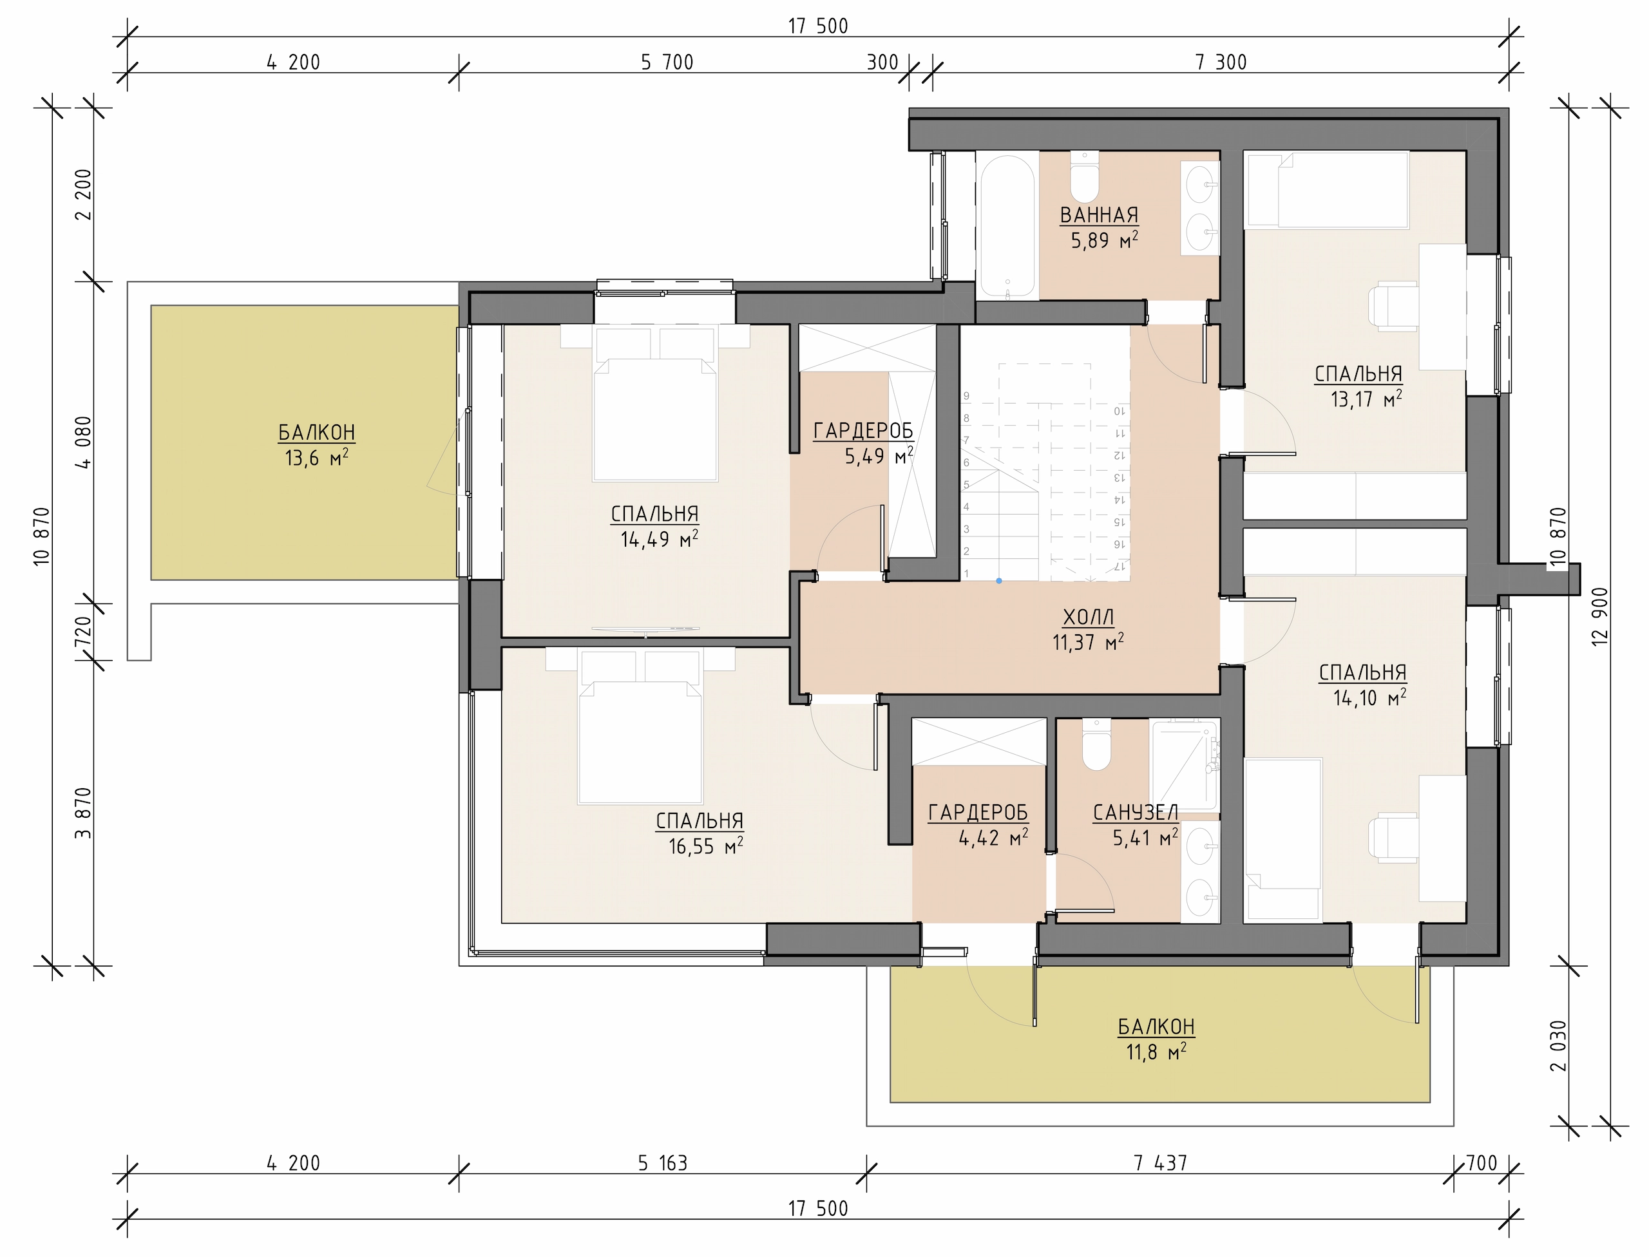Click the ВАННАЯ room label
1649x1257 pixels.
coord(1099,216)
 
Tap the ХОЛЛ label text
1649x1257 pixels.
coord(1089,618)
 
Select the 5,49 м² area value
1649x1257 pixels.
coord(879,456)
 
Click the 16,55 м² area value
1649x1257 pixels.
coord(705,846)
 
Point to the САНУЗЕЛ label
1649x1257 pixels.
coord(1136,813)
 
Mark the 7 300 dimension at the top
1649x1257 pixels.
coord(1221,62)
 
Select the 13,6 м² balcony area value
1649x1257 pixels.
coord(317,457)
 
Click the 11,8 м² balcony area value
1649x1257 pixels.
coord(1156,1052)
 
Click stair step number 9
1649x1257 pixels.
coord(966,397)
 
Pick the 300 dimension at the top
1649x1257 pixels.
coord(882,62)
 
